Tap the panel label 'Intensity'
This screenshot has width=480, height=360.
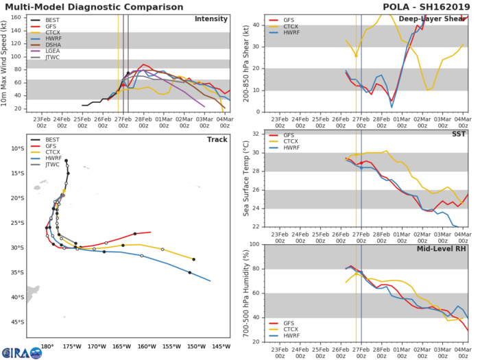tap(211, 19)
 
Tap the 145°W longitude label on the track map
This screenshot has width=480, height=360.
tap(221, 345)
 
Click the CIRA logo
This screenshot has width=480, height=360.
tap(15, 351)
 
